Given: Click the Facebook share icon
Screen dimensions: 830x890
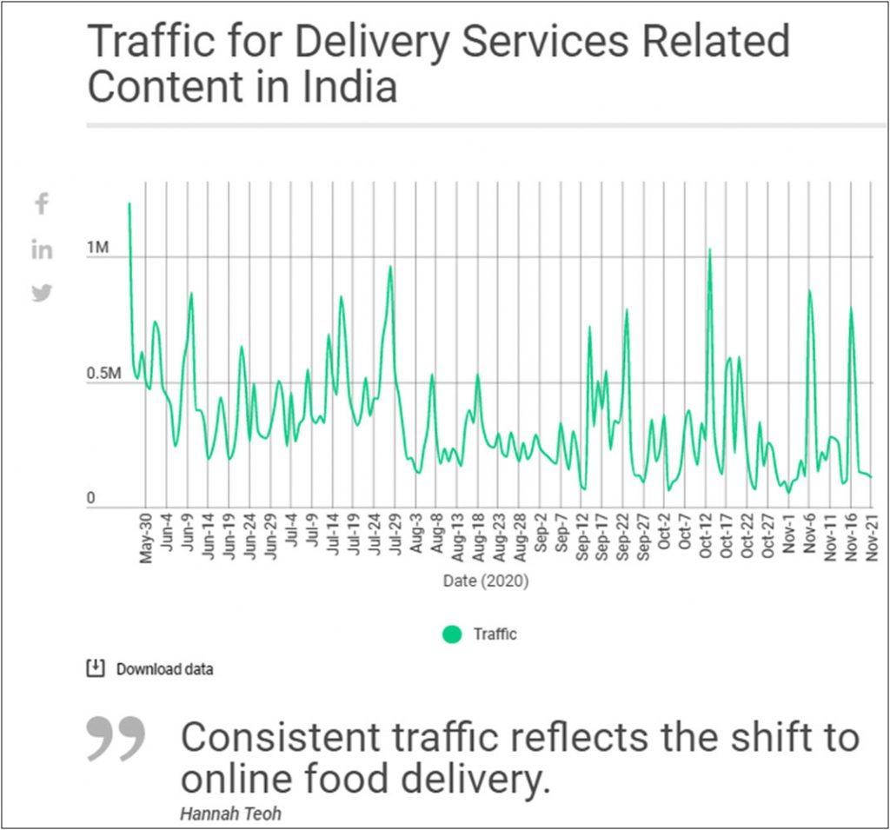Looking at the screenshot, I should [41, 204].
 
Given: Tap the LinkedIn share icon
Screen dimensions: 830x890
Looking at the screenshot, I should [42, 250].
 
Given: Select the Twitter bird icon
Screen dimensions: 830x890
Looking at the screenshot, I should [42, 293].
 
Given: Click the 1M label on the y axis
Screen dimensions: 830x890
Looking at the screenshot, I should [98, 249].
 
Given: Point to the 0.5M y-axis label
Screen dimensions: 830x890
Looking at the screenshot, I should [104, 375].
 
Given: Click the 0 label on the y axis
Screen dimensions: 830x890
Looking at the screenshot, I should [91, 499].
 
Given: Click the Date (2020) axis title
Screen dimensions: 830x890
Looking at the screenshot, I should [485, 580].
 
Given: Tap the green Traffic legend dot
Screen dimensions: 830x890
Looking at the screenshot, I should [451, 634].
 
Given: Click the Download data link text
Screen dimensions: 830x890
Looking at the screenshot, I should [164, 669].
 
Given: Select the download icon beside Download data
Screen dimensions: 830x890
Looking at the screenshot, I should [95, 668].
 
